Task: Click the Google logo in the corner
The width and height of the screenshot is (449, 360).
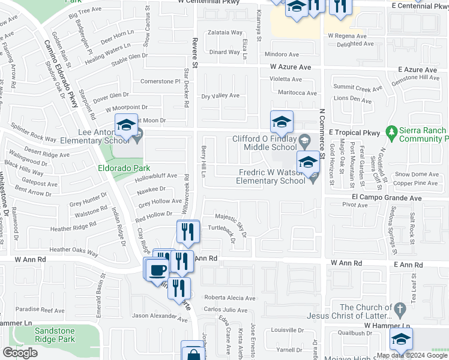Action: [x=20, y=353]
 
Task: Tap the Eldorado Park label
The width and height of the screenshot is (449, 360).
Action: [x=124, y=169]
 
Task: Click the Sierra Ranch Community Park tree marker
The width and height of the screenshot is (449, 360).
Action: [x=392, y=130]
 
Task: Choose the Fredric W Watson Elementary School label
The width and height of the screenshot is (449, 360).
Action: [x=270, y=176]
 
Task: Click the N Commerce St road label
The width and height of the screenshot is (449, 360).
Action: [x=322, y=131]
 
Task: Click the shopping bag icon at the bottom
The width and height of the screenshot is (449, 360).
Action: [x=193, y=353]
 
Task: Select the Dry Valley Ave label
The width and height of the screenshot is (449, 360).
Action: [x=220, y=95]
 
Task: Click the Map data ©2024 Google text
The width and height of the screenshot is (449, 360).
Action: [x=412, y=355]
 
